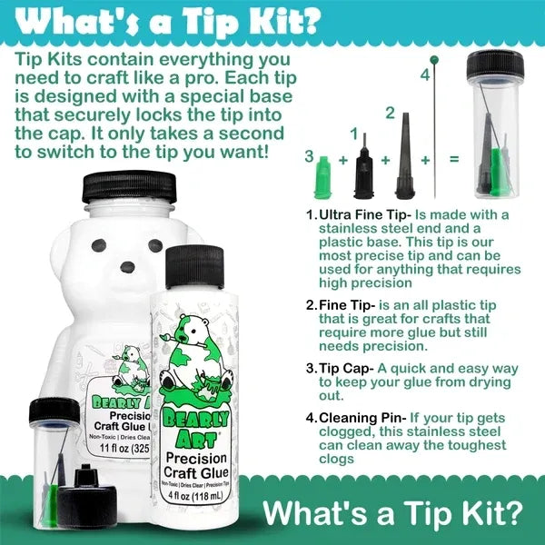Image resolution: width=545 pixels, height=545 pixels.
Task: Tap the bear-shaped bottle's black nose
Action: coord(121,270)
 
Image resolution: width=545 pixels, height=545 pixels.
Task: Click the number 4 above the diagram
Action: coord(424,75)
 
